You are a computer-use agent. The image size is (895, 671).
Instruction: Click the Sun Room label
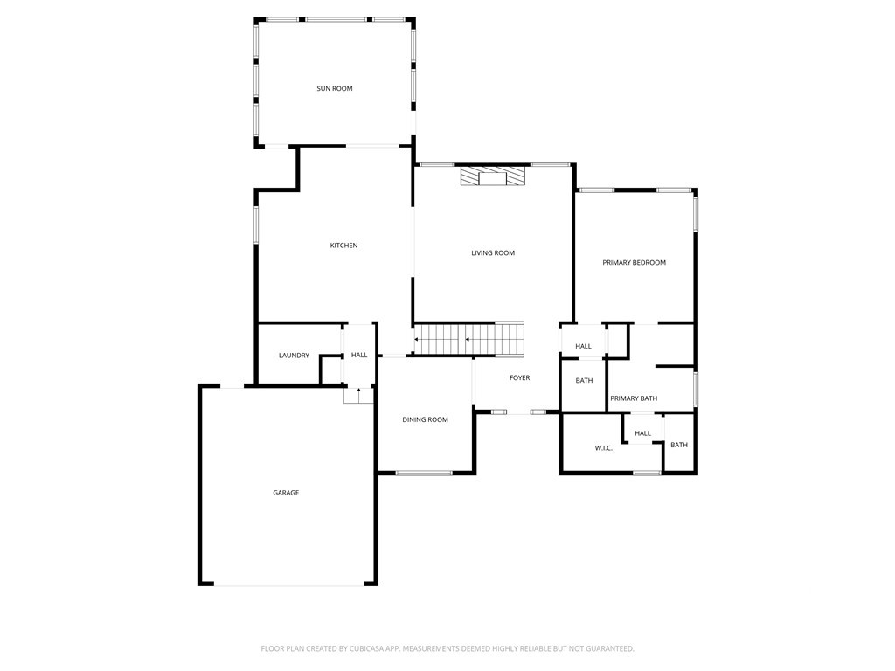point(335,88)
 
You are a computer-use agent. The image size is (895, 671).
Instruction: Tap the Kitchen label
point(343,246)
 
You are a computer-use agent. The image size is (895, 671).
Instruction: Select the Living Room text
point(493,252)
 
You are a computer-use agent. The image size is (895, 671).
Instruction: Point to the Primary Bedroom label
point(635,262)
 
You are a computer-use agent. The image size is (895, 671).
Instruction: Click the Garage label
point(286,493)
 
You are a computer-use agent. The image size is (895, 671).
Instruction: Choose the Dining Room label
point(425,419)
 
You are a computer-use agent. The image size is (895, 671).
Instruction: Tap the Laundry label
point(294,356)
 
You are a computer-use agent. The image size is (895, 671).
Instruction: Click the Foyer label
point(519,377)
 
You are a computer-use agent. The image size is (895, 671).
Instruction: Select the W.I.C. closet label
point(603,448)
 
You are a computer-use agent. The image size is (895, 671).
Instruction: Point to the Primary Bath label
point(634,398)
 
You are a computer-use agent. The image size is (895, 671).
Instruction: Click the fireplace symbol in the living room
point(492,176)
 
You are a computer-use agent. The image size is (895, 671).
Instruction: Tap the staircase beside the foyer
point(468,339)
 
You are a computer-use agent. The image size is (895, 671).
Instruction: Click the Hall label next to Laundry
point(359,355)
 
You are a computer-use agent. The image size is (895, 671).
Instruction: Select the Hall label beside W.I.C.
point(642,433)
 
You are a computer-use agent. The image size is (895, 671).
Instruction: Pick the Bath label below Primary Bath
point(678,445)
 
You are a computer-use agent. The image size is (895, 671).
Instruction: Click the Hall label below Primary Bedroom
point(583,346)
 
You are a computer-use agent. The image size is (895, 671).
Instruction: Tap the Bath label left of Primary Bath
point(584,381)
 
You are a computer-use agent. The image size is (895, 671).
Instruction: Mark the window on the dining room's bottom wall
point(424,473)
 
